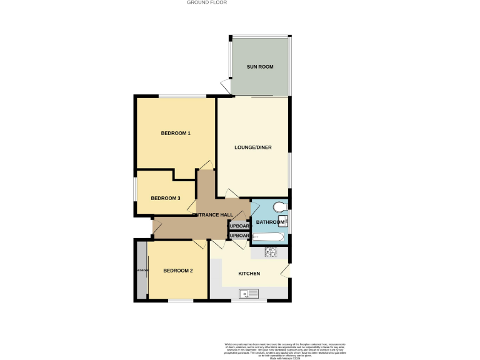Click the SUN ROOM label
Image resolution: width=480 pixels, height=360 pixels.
[260, 67]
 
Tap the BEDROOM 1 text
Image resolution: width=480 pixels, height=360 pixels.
[176, 133]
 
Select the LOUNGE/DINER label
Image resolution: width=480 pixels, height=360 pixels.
[253, 147]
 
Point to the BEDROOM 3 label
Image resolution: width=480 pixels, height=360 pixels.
[166, 198]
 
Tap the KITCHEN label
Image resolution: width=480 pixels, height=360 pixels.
[249, 274]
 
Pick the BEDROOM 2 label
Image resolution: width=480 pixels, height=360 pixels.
[177, 271]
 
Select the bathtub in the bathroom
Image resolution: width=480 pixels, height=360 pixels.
[269, 237]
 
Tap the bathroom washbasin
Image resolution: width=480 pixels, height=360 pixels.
[282, 220]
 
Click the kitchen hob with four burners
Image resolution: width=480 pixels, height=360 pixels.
[271, 252]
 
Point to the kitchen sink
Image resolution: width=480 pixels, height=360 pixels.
[249, 294]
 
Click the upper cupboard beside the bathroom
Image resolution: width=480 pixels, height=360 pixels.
[239, 225]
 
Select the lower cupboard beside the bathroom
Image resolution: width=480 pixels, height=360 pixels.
[239, 236]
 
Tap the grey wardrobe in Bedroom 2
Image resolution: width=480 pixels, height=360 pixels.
[141, 271]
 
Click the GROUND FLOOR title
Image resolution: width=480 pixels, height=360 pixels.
[207, 2]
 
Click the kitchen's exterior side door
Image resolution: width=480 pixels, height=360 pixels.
[286, 271]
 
